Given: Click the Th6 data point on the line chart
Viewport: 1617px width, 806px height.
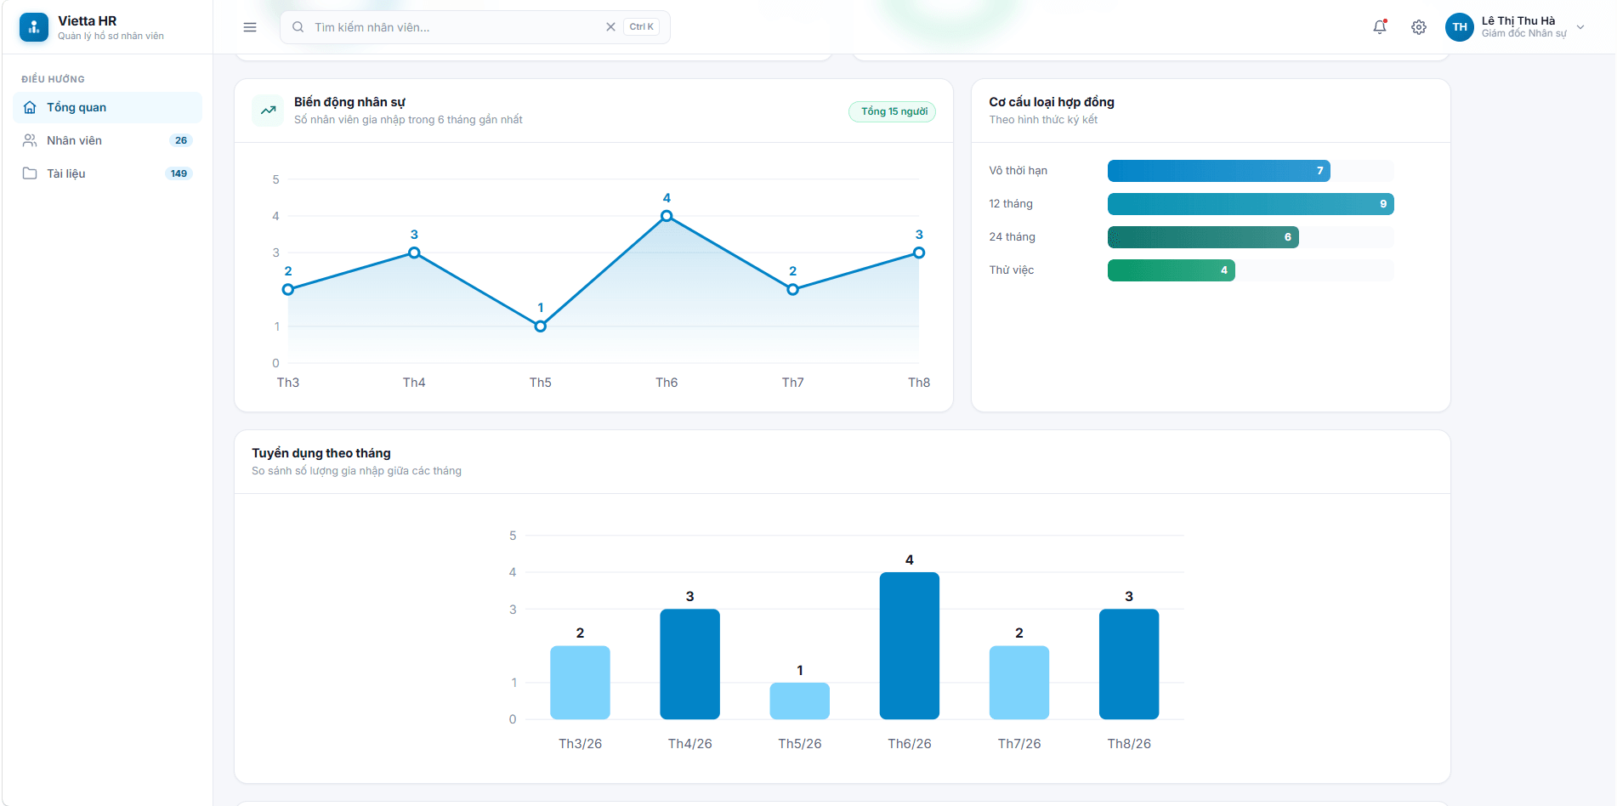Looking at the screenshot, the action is point(667,216).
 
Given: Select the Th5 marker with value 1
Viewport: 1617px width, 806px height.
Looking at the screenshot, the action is point(541,326).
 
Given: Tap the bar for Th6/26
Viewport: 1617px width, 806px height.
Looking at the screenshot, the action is point(910,645).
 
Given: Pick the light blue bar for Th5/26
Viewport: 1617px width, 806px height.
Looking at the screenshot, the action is point(800,701).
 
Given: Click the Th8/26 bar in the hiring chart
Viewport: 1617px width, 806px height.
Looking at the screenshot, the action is point(1129,664).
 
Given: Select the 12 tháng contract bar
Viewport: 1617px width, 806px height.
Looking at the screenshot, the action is point(1251,204).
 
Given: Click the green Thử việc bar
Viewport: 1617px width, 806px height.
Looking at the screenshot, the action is point(1172,270).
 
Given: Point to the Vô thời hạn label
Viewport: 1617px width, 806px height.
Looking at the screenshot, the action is point(1018,171).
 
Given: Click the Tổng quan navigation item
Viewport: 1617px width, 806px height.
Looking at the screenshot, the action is point(107,107).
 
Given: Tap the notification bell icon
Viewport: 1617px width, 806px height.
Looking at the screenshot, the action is point(1380,27).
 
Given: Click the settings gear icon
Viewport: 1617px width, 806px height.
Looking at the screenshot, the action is point(1419,27).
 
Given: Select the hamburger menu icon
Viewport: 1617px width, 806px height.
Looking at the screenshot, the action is point(250,27).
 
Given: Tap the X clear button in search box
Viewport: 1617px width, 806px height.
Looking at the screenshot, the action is point(610,27).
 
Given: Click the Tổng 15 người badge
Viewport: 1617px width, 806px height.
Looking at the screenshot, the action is point(893,111).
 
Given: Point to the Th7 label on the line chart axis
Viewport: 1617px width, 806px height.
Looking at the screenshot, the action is point(793,383).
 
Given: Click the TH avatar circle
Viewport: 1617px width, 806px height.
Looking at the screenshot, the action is point(1460,27).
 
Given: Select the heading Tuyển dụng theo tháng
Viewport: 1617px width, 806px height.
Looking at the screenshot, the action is point(321,453).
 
